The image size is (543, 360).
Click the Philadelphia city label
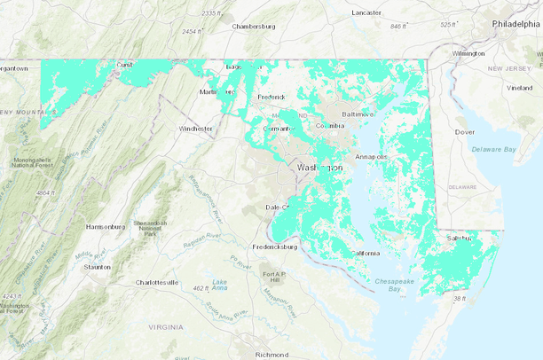click(515, 24)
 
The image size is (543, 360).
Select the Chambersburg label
click(255, 27)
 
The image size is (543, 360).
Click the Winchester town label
click(195, 129)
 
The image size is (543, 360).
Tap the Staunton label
click(97, 266)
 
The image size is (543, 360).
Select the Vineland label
click(519, 88)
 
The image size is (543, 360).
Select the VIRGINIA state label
click(165, 327)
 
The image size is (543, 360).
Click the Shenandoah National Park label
click(148, 228)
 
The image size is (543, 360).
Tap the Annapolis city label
click(371, 157)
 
